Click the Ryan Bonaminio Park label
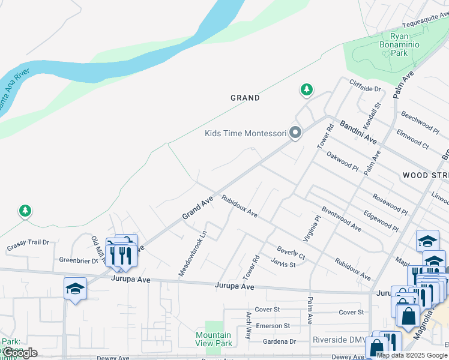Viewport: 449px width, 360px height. coord(399,44)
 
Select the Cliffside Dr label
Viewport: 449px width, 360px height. coord(366,89)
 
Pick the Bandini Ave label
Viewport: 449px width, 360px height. coord(358,132)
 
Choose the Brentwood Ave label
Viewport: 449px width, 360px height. coord(342,219)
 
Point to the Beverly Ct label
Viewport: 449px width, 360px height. coord(291,253)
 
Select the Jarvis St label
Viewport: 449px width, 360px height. coord(283,264)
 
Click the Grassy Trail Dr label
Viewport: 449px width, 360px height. coord(28,245)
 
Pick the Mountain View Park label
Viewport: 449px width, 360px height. coord(214,339)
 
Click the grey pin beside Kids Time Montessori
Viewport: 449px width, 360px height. coord(295,133)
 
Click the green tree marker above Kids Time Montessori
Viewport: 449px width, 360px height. coord(307,90)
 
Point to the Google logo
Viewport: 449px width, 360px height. coord(20,353)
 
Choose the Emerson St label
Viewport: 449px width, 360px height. coord(273,326)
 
